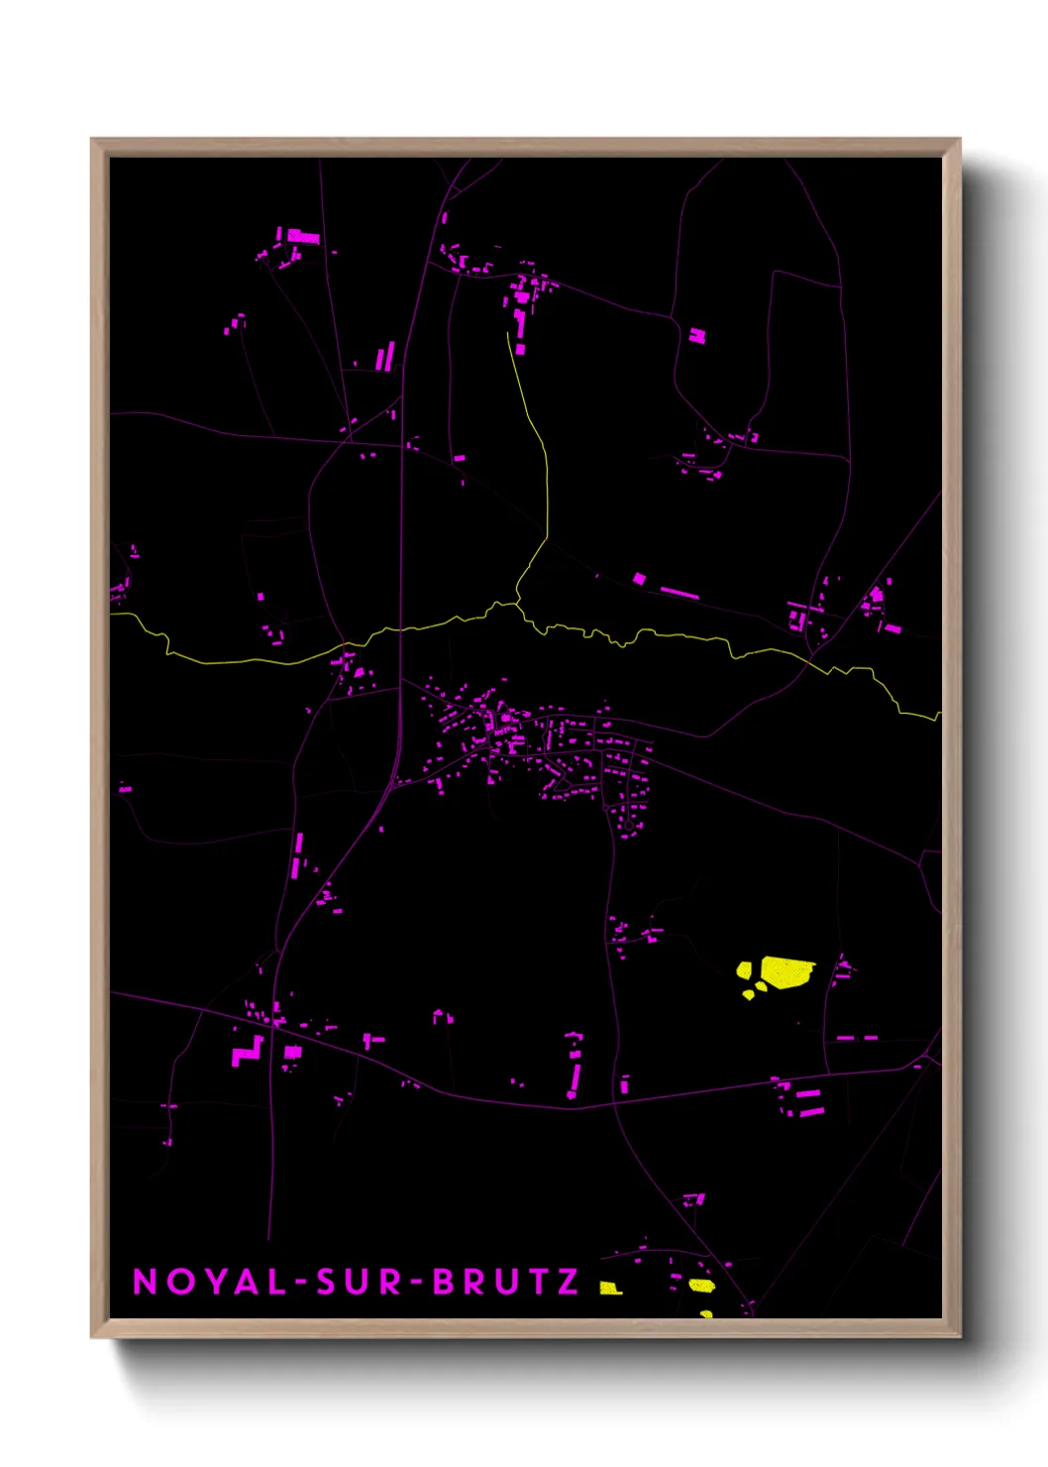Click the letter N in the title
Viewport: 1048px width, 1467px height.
pyautogui.click(x=145, y=1282)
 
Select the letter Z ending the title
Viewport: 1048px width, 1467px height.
pyautogui.click(x=569, y=1282)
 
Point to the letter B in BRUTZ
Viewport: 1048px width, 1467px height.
pyautogui.click(x=444, y=1282)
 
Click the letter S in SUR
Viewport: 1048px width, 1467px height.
pyautogui.click(x=326, y=1282)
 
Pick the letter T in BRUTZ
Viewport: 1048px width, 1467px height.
pyautogui.click(x=537, y=1282)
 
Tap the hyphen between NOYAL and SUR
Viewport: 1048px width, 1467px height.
pyautogui.click(x=300, y=1283)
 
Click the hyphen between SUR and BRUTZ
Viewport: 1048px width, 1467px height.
pyautogui.click(x=417, y=1283)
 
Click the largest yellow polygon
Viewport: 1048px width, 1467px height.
pyautogui.click(x=786, y=971)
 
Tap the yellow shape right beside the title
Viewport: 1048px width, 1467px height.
pyautogui.click(x=610, y=1288)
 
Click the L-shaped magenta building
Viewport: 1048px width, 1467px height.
pyautogui.click(x=248, y=1052)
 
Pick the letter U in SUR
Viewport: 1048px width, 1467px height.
pyautogui.click(x=358, y=1282)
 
